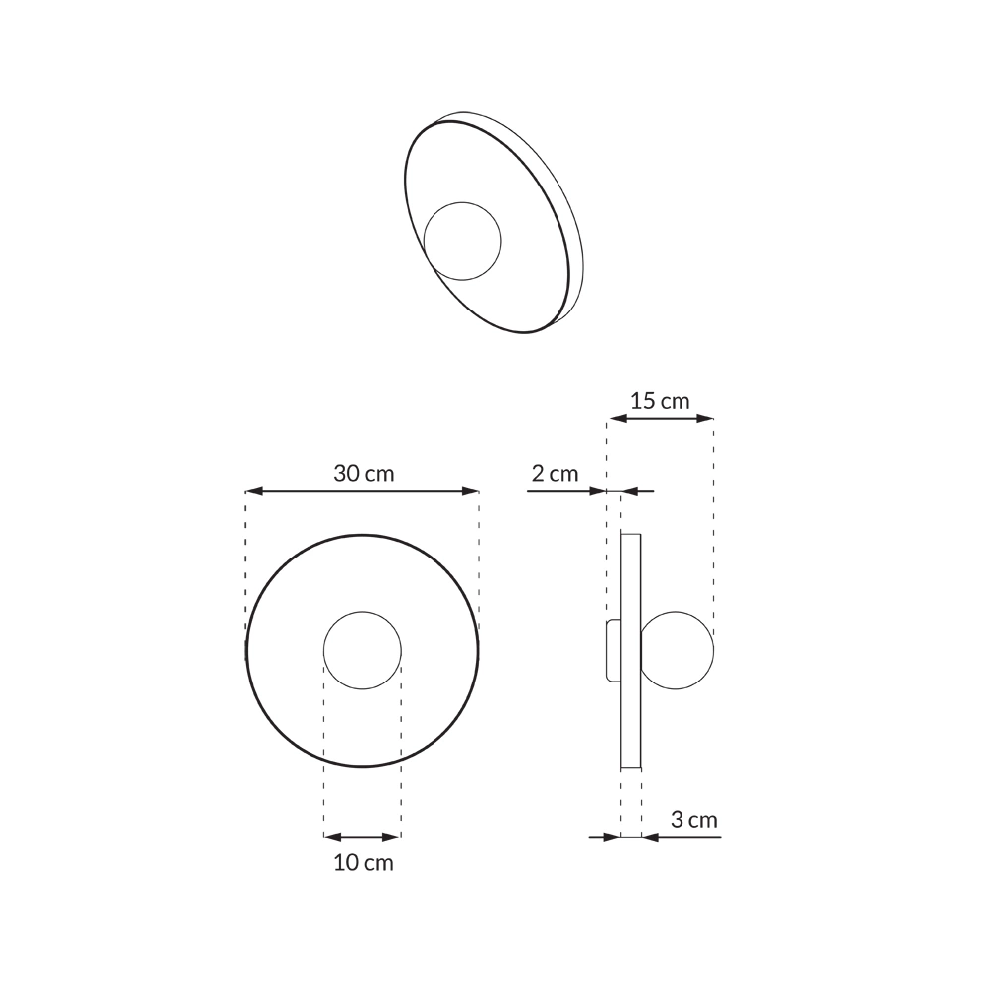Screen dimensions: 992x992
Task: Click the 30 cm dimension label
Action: pos(363,473)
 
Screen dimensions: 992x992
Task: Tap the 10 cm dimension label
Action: pos(363,863)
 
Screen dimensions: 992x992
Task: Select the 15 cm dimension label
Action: pos(660,401)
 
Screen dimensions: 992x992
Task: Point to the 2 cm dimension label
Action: pos(555,473)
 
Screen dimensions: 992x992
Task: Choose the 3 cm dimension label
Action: pos(694,820)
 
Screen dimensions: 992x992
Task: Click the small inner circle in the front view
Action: pos(362,651)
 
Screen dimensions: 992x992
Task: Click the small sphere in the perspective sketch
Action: pos(462,240)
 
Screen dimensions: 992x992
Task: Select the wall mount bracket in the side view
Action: pos(612,651)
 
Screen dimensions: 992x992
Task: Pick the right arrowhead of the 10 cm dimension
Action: pos(394,837)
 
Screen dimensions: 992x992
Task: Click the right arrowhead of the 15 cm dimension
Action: pos(706,419)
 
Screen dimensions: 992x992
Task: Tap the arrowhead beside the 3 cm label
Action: pos(650,837)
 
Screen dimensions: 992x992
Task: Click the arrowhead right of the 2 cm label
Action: pos(599,491)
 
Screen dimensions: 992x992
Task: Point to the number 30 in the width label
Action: pos(346,473)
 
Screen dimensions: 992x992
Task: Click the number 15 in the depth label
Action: pos(643,401)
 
